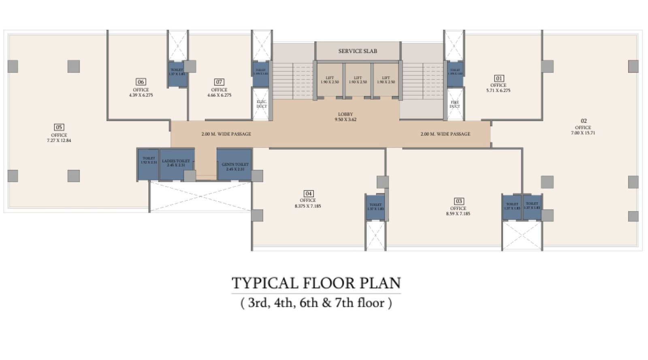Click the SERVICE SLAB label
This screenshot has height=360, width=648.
(x=358, y=51)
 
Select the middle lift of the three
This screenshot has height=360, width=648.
(x=358, y=80)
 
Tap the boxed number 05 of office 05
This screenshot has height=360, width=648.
(x=59, y=127)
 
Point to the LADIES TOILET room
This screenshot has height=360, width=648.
(x=176, y=164)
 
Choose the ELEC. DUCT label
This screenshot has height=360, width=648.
(x=262, y=104)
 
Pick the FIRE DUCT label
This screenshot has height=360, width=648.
(x=455, y=104)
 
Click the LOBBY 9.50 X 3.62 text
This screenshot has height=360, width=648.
(x=345, y=117)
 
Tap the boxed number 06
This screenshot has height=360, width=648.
(x=141, y=82)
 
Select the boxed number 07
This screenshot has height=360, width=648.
(x=219, y=82)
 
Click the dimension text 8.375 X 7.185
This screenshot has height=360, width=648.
(x=308, y=206)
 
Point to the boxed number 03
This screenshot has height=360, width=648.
(x=458, y=201)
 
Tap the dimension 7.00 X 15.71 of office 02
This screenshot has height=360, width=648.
(x=583, y=133)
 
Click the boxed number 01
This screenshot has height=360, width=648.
(x=499, y=79)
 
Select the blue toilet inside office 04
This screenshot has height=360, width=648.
(x=375, y=208)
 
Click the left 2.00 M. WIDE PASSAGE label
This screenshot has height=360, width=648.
(x=226, y=134)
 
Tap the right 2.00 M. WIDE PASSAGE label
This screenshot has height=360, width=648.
(x=445, y=134)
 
